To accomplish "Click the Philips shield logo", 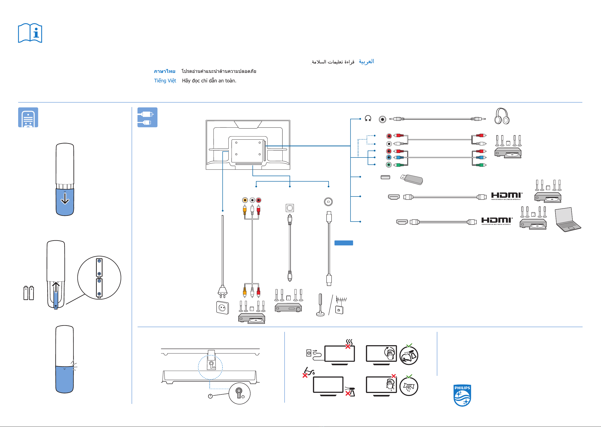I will click(462, 395).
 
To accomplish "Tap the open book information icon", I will click(30, 33).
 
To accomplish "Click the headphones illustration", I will click(502, 116).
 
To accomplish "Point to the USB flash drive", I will click(412, 179).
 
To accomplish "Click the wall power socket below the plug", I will click(222, 308).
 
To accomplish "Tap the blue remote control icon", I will click(28, 117).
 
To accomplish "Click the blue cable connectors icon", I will click(148, 117).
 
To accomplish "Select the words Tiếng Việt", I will click(165, 81).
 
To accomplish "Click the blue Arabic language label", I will click(366, 62).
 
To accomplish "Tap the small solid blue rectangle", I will click(344, 243).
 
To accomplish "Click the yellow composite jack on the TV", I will click(245, 200).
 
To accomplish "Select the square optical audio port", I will click(290, 208).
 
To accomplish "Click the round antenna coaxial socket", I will click(328, 202).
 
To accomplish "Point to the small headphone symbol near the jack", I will click(368, 118).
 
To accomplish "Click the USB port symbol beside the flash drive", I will click(385, 177).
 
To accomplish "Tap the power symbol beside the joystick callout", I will click(210, 396).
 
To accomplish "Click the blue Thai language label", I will click(164, 71).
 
